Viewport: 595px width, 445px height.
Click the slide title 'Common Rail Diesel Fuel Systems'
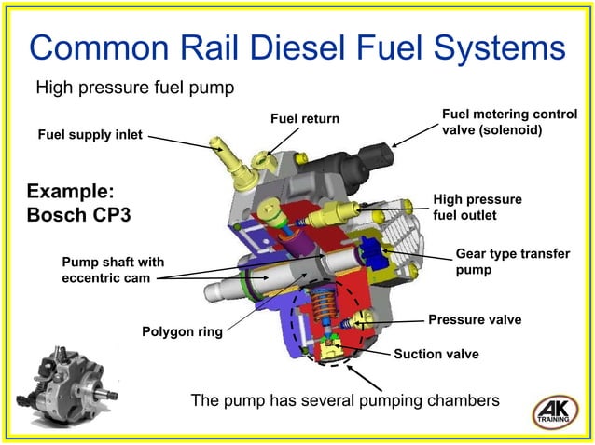(x=297, y=47)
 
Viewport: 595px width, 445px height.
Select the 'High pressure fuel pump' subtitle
(x=133, y=88)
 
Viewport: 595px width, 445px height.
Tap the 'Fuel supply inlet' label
(x=90, y=135)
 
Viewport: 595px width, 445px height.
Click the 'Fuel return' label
(x=305, y=119)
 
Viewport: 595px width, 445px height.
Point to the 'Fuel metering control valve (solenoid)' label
(x=509, y=121)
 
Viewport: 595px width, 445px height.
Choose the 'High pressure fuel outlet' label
(x=477, y=207)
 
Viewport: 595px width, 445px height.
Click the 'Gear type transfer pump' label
(x=512, y=262)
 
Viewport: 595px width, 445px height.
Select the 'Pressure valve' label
(x=474, y=320)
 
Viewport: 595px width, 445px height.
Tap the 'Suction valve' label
(x=436, y=354)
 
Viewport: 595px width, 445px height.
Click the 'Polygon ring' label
(x=181, y=330)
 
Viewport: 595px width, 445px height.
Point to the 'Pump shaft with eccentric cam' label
(x=113, y=269)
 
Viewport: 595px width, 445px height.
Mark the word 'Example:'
(x=71, y=191)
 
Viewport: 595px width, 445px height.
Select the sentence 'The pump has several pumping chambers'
(x=345, y=400)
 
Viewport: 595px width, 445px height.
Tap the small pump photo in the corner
(x=65, y=384)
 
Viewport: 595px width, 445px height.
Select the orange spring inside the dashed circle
(x=323, y=312)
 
